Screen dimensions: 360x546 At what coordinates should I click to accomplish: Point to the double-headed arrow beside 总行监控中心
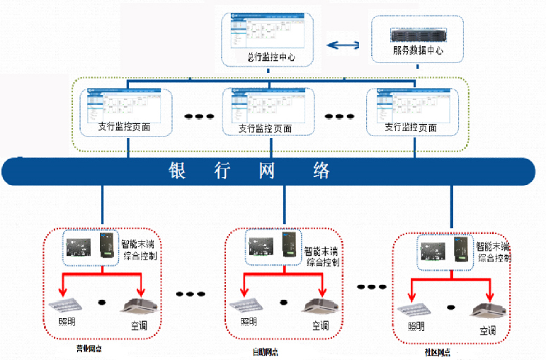(x=343, y=46)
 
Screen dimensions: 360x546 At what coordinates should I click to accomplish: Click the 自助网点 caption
(x=265, y=351)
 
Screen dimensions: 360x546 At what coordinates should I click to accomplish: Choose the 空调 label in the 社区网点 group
(x=488, y=330)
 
